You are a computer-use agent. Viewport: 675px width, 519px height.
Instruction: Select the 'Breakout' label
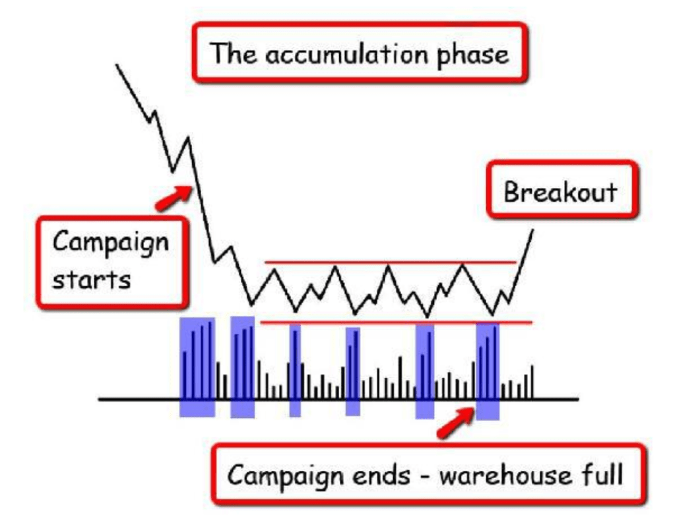pyautogui.click(x=561, y=192)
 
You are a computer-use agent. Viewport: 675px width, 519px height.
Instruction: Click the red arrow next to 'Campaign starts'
pyautogui.click(x=174, y=196)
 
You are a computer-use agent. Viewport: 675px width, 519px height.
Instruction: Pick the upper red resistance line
pyautogui.click(x=389, y=262)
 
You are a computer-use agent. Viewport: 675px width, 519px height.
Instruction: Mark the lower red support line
pyautogui.click(x=396, y=323)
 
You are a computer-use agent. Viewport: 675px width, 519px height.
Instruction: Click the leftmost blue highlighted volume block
pyautogui.click(x=197, y=366)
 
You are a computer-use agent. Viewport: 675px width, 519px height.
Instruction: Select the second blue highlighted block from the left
pyautogui.click(x=242, y=366)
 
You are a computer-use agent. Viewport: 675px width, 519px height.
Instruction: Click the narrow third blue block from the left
pyautogui.click(x=295, y=369)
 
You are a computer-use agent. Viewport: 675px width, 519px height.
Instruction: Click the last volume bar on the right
pyautogui.click(x=532, y=382)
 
